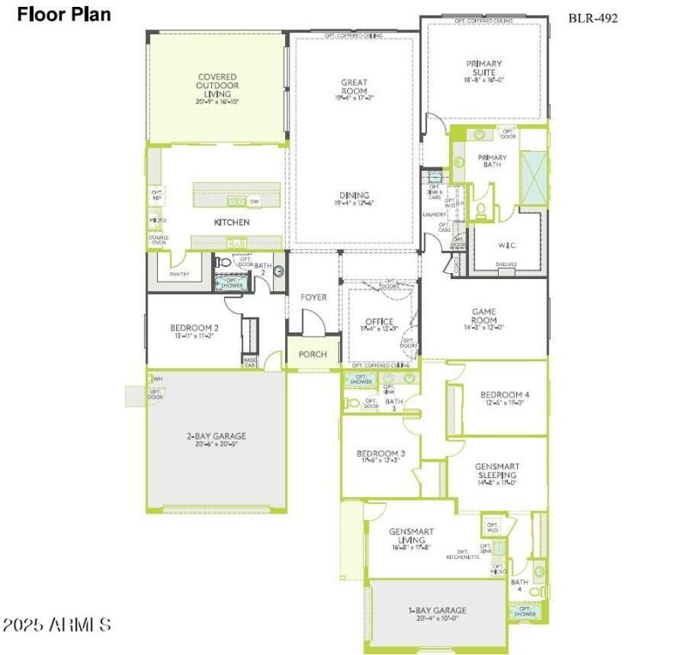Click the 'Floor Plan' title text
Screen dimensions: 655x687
(x=64, y=15)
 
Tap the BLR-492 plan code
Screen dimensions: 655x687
(x=593, y=18)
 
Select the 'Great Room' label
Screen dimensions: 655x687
(x=354, y=88)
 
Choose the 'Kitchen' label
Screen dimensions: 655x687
(x=232, y=222)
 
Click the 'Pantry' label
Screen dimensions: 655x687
(x=179, y=275)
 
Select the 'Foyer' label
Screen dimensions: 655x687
(x=313, y=297)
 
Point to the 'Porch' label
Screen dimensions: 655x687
(x=313, y=355)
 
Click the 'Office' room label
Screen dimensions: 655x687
(x=379, y=323)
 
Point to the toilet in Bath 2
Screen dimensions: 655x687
(x=222, y=263)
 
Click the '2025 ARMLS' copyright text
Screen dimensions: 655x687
(x=57, y=624)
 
